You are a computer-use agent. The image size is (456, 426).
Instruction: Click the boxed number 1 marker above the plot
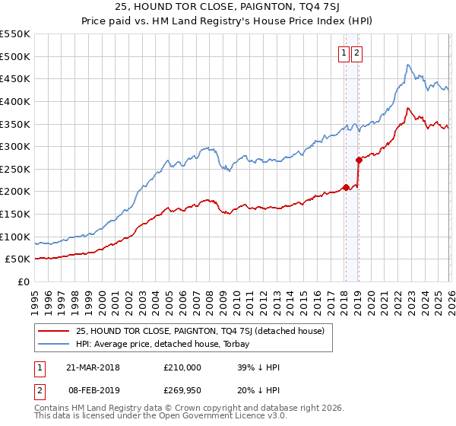tap(344, 53)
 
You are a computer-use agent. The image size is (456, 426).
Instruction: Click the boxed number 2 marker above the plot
tap(357, 53)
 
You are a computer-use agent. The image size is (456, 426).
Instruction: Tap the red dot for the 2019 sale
tap(358, 160)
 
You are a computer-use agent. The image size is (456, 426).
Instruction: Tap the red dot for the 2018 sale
tap(346, 187)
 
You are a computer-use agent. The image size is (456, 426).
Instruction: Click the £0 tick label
tap(23, 281)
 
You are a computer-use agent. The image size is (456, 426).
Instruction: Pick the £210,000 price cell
tap(182, 367)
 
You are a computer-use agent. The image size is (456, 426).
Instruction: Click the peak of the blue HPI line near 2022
tap(408, 65)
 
